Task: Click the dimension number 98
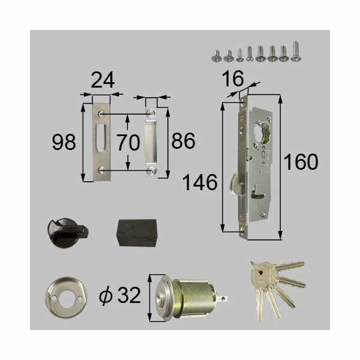point(65,143)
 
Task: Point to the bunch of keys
point(271,286)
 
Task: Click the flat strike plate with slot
point(101,143)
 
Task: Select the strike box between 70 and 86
point(151,143)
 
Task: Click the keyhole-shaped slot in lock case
point(262,194)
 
